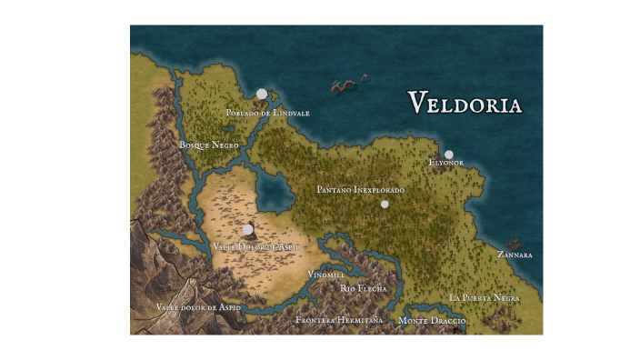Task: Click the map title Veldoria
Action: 465,103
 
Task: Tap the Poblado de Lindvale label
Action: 268,113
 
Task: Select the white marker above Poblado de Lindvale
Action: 262,94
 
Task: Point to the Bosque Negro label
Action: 209,145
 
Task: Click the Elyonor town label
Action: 446,163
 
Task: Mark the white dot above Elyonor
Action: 448,155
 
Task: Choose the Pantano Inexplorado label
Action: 360,190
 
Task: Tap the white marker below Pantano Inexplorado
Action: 385,205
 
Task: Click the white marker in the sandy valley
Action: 247,229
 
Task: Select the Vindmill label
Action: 325,274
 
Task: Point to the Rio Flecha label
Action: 364,288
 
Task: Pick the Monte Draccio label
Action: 432,321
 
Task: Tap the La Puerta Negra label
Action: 485,298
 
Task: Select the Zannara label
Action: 515,255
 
